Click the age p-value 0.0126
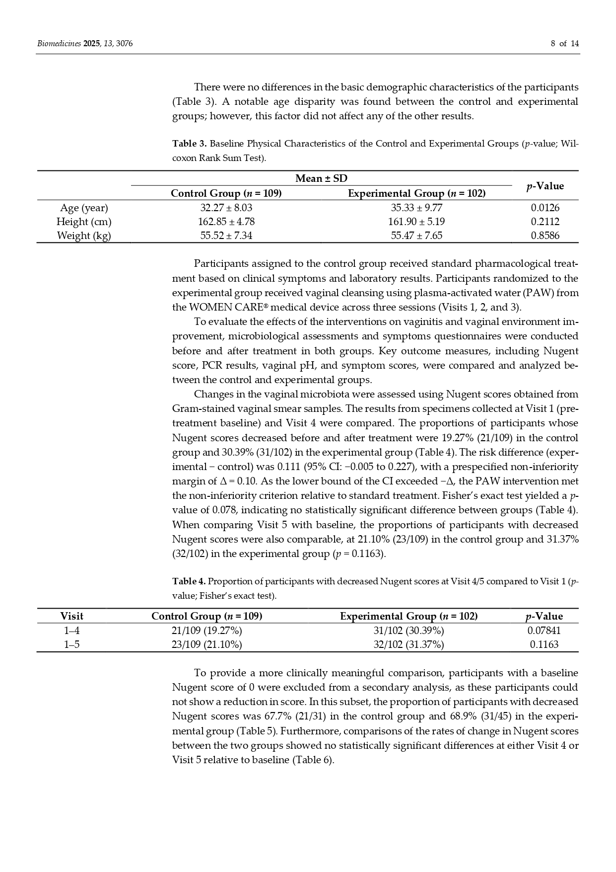tap(545, 208)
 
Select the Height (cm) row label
tap(84, 222)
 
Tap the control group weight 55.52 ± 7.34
tap(226, 236)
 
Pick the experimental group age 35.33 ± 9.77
tap(416, 208)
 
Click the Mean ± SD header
tap(321, 178)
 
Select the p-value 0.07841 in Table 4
tap(544, 631)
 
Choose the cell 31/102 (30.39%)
tap(409, 631)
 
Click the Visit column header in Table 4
tap(71, 616)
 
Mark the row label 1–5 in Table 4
tap(71, 644)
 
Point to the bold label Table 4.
tap(189, 581)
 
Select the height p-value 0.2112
tap(545, 222)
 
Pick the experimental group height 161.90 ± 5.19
tap(416, 222)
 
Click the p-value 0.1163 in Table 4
tap(544, 644)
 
